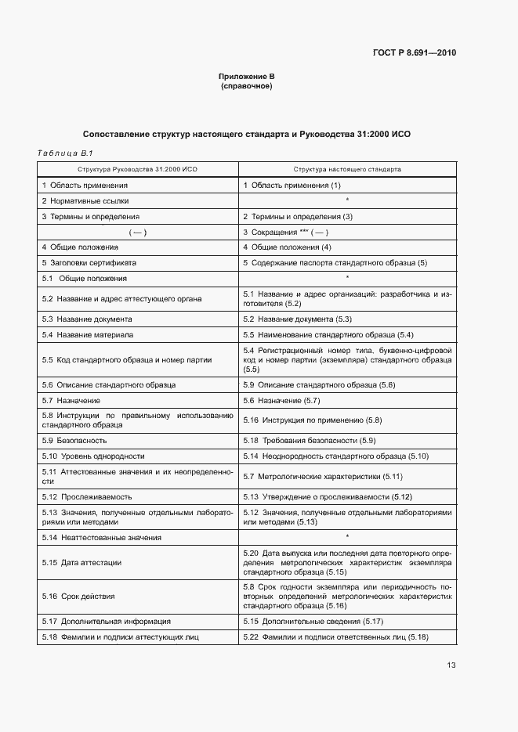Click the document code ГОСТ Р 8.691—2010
click(x=415, y=53)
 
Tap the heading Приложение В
click(x=246, y=77)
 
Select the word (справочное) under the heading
click(x=246, y=86)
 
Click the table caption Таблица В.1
click(x=65, y=153)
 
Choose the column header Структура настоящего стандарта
click(x=347, y=169)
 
